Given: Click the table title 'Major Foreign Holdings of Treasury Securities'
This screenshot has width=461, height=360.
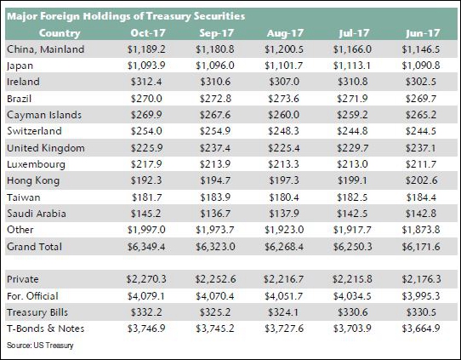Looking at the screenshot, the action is pos(126,16).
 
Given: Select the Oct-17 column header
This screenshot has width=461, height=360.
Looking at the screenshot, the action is pos(148,33).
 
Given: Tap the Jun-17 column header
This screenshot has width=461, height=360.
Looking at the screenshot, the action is pos(423,33).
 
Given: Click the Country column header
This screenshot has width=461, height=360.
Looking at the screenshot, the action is pos(60,33).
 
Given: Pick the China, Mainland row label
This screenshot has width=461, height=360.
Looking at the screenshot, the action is pos(46,49).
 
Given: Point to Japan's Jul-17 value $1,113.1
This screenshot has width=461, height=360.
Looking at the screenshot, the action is pos(352,66).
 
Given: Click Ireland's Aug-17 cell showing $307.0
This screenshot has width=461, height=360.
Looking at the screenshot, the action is pos(284,82).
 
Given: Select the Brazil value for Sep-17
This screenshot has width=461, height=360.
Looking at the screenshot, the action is pos(215,98).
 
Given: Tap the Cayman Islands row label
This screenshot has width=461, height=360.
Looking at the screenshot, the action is pos(44,115).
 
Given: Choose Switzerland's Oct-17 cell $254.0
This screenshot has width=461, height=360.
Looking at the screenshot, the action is pos(146,131).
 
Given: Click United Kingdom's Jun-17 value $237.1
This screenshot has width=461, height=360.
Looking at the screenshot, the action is pos(421,147).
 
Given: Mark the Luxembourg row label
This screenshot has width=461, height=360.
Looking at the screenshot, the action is pos(36,164).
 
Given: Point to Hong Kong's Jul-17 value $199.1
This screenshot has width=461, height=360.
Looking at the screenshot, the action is pos(352,180).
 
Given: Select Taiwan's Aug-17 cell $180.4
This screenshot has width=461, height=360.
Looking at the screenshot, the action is pos(284,197).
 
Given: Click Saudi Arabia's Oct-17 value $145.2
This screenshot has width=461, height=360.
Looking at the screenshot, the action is pos(146,214).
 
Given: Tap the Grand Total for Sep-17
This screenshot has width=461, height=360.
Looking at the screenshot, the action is pos(215,247).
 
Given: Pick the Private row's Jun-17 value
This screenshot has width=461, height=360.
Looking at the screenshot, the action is pos(421,279).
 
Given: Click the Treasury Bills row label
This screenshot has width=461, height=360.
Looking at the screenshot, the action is pos(37,312).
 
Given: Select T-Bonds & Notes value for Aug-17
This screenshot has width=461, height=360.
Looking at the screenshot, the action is pos(284,329).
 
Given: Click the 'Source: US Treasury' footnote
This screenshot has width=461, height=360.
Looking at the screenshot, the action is pos(40,345).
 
